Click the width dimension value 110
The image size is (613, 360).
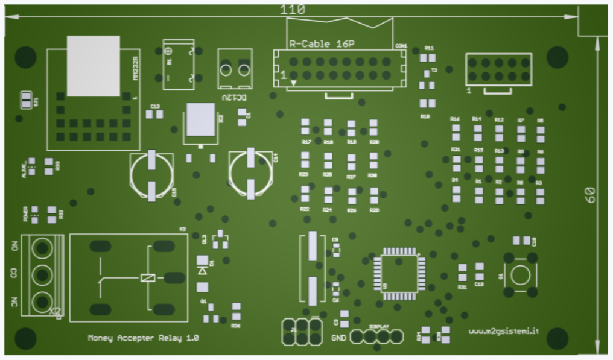[293, 10]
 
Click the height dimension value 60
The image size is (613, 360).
[590, 194]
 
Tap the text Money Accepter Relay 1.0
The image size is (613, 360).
[143, 338]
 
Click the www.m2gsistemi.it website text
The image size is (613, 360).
[504, 331]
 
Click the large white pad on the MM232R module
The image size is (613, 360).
[93, 66]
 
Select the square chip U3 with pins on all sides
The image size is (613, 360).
[399, 274]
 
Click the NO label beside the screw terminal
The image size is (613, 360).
[14, 247]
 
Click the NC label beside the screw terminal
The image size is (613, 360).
[14, 301]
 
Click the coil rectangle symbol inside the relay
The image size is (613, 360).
[148, 277]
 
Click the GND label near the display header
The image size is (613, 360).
[338, 338]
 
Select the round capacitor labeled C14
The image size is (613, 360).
[250, 174]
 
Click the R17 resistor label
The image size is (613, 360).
[306, 142]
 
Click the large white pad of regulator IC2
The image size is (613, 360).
[200, 119]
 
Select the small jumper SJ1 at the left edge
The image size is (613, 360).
[27, 99]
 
